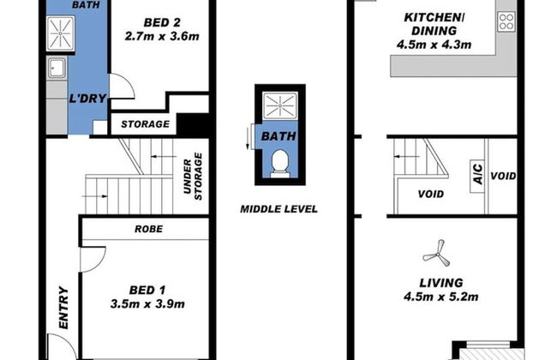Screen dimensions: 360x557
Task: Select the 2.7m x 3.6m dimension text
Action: click(161, 38)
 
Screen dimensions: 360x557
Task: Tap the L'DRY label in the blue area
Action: click(87, 98)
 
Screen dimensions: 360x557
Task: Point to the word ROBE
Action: click(148, 230)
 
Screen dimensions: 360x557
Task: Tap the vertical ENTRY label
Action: click(63, 308)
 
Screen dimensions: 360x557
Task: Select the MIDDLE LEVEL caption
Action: click(278, 208)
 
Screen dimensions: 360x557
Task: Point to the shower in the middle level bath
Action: click(278, 107)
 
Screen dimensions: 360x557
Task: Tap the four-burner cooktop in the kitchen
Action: click(506, 22)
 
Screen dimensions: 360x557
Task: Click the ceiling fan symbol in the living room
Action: click(434, 252)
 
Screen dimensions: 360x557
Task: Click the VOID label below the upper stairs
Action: click(430, 194)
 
